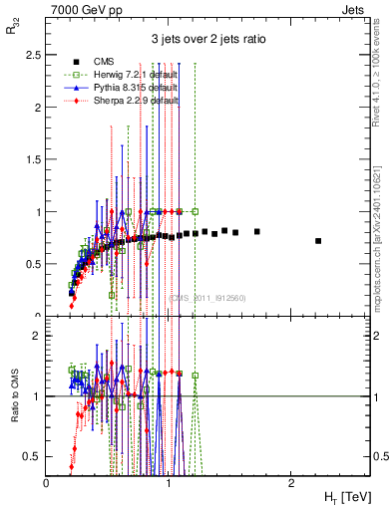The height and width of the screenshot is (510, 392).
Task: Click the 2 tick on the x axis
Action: tap(290, 482)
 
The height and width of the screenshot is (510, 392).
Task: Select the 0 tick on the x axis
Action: tap(47, 482)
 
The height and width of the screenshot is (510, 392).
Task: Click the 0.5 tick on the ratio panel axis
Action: tap(34, 457)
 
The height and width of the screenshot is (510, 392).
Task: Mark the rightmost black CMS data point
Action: tap(318, 241)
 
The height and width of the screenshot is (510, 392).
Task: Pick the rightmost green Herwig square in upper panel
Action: tap(196, 211)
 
